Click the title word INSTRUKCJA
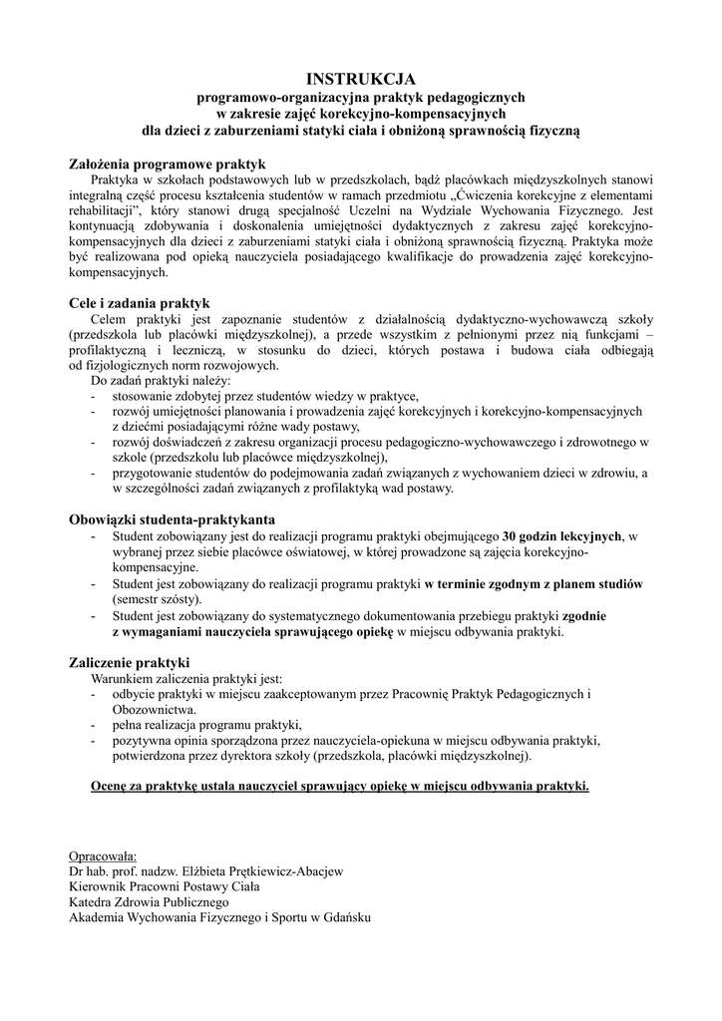360,77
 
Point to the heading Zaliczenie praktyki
129,662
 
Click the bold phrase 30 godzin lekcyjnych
562,535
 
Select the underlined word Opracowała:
103,855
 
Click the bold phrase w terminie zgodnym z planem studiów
534,583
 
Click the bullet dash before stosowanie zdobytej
93,397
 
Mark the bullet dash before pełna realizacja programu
93,725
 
